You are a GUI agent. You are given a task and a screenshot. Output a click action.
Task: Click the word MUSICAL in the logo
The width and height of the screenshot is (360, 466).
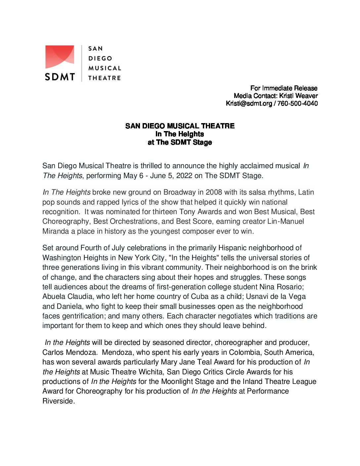(x=105, y=68)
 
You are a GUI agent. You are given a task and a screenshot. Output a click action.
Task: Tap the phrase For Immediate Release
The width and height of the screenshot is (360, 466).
(x=284, y=88)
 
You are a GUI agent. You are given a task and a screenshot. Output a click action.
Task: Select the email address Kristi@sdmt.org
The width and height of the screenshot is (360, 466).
(x=249, y=103)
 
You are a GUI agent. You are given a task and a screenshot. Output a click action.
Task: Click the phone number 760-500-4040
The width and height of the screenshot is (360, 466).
(x=297, y=103)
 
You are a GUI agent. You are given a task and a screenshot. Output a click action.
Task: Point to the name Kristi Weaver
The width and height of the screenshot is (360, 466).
(x=298, y=96)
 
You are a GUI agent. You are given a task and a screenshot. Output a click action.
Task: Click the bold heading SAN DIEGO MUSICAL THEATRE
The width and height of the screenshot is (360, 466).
(x=180, y=126)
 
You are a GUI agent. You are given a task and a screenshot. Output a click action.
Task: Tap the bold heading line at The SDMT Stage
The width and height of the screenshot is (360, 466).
(x=180, y=142)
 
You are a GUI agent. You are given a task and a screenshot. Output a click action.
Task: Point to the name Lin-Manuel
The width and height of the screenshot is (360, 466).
(x=286, y=221)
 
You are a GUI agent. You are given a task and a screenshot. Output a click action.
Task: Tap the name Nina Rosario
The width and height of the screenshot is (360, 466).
(x=281, y=287)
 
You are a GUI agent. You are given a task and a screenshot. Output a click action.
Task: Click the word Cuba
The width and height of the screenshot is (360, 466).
(x=200, y=297)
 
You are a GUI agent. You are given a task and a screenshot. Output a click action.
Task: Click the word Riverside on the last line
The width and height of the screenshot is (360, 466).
(x=58, y=401)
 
